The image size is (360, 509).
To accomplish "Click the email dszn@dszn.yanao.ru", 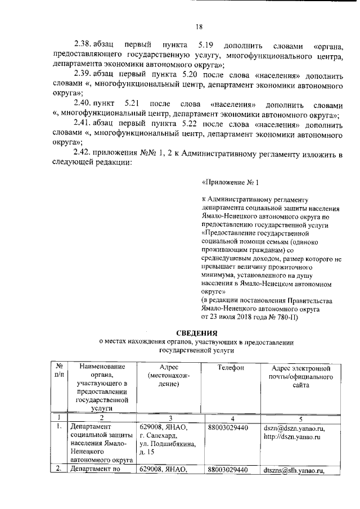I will point(294,428).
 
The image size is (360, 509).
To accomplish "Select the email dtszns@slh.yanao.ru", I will point(295,470).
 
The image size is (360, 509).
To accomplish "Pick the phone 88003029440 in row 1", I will point(228,428).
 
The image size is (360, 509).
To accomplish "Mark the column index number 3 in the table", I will point(169,418).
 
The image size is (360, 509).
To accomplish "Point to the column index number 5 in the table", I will point(300,418).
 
